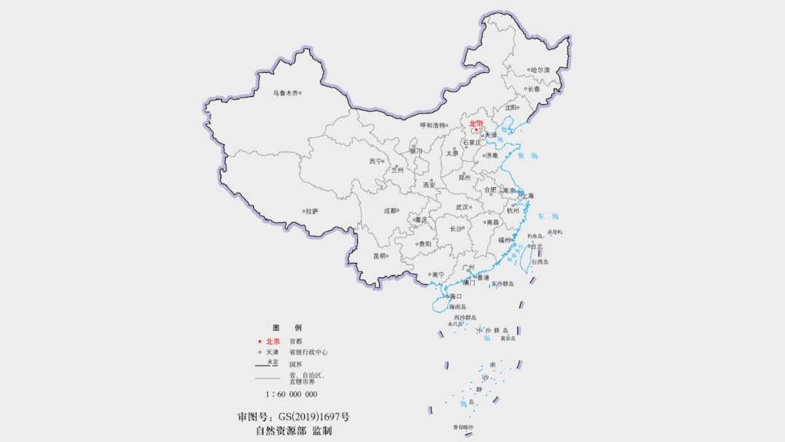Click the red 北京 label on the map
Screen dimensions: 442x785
[x=476, y=124]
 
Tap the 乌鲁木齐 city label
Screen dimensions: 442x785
[x=285, y=93]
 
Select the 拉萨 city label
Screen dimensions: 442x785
[x=312, y=211]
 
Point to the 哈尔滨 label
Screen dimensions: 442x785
[x=541, y=70]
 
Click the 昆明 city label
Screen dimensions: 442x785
[x=379, y=256]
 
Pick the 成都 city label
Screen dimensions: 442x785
[x=390, y=210]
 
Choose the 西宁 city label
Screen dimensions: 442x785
[x=375, y=162]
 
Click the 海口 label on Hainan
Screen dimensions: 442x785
[x=455, y=296]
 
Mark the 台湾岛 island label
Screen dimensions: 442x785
[x=539, y=262]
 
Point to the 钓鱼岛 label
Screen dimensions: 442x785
[x=535, y=236]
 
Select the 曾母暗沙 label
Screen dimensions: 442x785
[x=463, y=427]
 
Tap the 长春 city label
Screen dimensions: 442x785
[x=534, y=89]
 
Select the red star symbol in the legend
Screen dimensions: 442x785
[x=259, y=342]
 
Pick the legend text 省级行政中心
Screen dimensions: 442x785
[x=308, y=352]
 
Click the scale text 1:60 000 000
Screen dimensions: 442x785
[x=291, y=394]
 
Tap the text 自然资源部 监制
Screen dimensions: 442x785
[x=293, y=430]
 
